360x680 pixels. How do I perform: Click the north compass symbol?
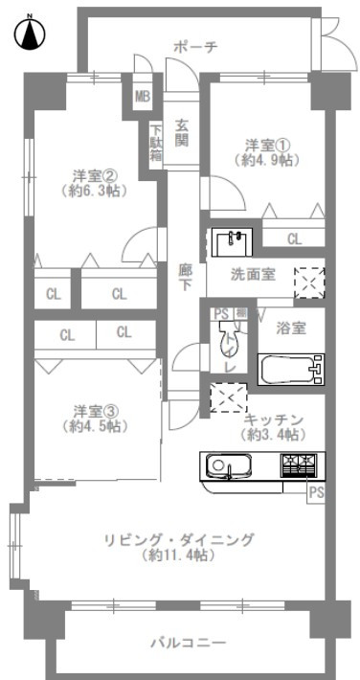click(30, 33)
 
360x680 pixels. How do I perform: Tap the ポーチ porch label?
click(194, 47)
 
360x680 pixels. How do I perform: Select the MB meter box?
click(143, 97)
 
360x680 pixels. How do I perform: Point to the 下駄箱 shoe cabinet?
click(156, 143)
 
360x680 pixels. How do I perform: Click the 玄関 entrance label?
click(182, 132)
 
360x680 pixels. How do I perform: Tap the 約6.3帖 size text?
click(94, 191)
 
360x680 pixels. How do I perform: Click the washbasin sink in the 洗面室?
click(232, 242)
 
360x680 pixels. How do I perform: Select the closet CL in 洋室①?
click(294, 238)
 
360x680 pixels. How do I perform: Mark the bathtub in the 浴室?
click(291, 369)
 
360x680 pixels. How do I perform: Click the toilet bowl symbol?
click(226, 336)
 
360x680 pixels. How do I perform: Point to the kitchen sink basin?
click(225, 466)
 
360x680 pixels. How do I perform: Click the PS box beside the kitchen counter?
click(316, 494)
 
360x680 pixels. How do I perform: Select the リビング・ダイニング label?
click(178, 540)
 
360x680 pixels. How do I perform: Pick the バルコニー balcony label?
click(189, 643)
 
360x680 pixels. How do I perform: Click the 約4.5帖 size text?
click(95, 426)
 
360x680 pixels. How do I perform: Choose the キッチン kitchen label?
click(273, 419)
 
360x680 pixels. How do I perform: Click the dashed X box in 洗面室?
click(309, 283)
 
